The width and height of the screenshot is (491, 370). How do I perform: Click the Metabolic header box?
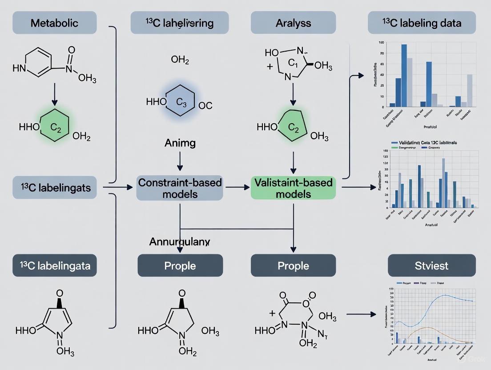point(55,23)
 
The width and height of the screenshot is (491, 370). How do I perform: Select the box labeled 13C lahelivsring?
point(180,23)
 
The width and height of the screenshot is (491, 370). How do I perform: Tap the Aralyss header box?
point(293,23)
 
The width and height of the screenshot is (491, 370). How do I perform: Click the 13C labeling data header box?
point(422,23)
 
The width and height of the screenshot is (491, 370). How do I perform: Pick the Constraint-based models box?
point(180,188)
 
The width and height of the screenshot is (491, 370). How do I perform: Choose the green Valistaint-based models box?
point(293,188)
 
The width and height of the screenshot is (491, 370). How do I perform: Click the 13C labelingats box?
point(55,188)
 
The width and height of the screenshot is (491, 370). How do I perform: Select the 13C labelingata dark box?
point(55,265)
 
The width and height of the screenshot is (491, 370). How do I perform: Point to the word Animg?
point(180,143)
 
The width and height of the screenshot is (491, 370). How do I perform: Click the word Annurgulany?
point(180,242)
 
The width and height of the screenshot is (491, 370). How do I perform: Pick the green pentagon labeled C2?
point(293,126)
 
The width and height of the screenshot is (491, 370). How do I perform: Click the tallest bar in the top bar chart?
point(404,76)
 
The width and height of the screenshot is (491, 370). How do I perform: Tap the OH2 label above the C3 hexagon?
point(180,60)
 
